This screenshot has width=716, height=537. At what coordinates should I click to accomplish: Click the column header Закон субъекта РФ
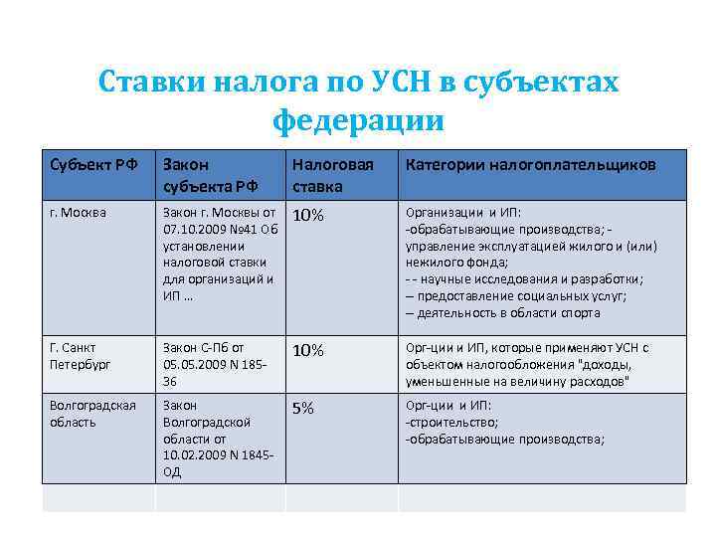pyautogui.click(x=211, y=174)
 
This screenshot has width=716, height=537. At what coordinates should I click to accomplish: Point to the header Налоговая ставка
pyautogui.click(x=332, y=174)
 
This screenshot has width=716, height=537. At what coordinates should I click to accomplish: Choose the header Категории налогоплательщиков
pyautogui.click(x=530, y=163)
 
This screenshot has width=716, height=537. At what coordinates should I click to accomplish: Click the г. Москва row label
pyautogui.click(x=79, y=212)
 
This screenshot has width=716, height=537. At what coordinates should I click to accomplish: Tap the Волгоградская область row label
pyautogui.click(x=92, y=413)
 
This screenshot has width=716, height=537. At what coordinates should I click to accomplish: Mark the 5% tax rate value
pyautogui.click(x=303, y=408)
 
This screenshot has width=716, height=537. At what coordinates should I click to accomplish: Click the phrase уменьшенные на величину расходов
pyautogui.click(x=517, y=382)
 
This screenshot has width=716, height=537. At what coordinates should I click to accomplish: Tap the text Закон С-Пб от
pyautogui.click(x=203, y=347)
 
